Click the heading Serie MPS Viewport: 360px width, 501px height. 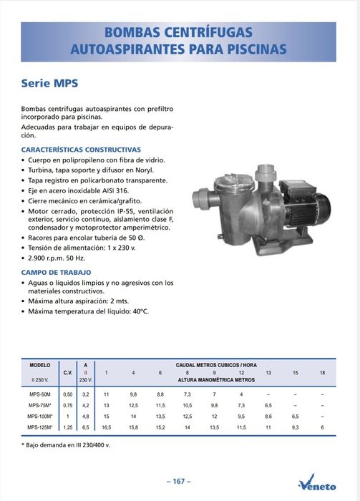pos(49,83)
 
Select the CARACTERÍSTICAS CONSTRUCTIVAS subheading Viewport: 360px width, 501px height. pos(81,150)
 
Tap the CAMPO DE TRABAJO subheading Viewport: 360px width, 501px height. pos(56,273)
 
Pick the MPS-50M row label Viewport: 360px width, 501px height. pos(40,394)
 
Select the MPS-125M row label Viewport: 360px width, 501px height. pos(40,427)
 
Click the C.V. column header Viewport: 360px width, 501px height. pos(68,373)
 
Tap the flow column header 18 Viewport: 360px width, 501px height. pos(322,373)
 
